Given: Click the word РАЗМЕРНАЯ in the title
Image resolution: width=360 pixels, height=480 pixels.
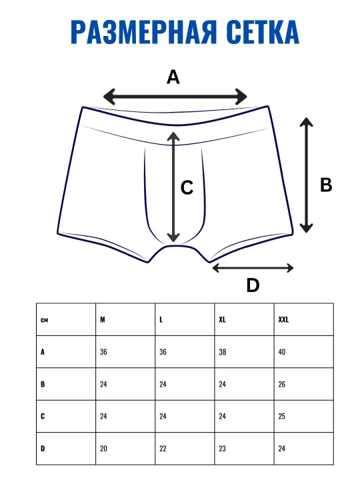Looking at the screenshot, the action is [144, 32].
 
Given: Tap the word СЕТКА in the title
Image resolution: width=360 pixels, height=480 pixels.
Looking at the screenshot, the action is [263, 32].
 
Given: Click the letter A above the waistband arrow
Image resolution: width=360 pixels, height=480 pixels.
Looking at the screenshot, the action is [173, 77].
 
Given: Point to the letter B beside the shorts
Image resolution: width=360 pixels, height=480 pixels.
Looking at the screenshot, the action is [326, 185].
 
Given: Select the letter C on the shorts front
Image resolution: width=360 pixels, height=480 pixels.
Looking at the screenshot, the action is [187, 187].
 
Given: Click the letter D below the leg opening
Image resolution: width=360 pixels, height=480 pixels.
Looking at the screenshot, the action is [253, 285].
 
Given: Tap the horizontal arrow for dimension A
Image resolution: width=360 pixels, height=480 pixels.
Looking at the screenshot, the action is [175, 97].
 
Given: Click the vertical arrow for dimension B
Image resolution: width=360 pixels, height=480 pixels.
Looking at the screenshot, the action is [306, 175].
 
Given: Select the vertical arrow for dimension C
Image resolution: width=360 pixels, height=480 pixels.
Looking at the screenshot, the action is [173, 187].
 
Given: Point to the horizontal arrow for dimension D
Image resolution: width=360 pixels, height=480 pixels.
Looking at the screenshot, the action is [253, 268].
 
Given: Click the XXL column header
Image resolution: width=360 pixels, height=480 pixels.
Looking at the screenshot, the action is [283, 319].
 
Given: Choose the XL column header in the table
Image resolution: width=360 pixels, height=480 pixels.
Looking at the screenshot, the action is [222, 319].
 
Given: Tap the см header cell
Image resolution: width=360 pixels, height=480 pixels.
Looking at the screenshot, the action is [44, 320].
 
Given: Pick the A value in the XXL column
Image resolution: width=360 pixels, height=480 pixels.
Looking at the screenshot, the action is [282, 352].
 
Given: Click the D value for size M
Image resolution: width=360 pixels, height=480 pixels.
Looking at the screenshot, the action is [103, 449].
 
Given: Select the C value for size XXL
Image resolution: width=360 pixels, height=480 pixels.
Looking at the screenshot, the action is [282, 416].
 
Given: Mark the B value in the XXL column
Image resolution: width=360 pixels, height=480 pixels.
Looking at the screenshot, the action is [282, 384].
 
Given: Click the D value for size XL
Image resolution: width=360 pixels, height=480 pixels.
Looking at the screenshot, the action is [222, 449].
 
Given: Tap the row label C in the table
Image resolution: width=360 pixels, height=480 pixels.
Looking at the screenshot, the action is [43, 416].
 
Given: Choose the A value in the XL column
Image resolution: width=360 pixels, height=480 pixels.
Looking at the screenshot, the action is [223, 352].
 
